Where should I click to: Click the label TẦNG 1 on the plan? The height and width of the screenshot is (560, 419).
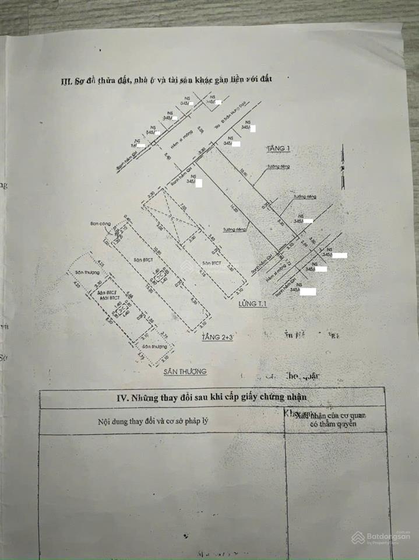pyautogui.click(x=277, y=148)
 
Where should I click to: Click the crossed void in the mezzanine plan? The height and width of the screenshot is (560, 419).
pyautogui.click(x=169, y=222)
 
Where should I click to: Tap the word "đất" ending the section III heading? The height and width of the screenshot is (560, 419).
pyautogui.click(x=266, y=78)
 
